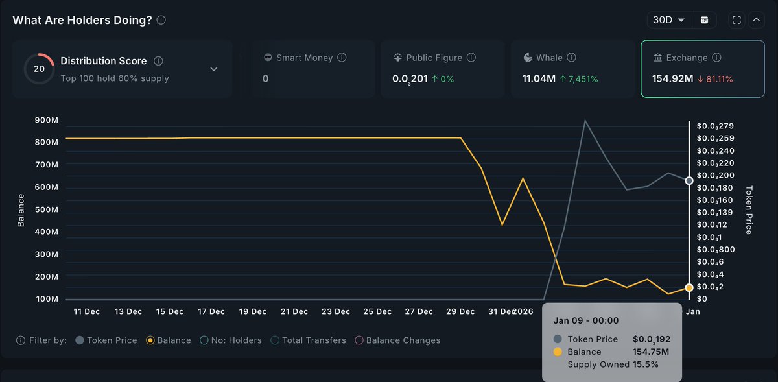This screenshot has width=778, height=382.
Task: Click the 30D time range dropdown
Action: (668, 20)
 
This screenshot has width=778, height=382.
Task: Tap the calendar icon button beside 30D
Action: (704, 20)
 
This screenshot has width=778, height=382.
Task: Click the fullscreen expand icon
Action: (737, 20)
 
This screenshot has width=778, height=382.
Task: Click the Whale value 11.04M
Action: (539, 78)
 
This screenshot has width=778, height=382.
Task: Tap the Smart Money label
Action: (304, 58)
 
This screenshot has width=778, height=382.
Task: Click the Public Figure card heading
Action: (434, 58)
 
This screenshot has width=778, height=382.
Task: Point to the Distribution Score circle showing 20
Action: (39, 68)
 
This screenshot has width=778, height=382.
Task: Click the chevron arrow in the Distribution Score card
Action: (214, 69)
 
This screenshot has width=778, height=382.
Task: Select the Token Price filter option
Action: (106, 340)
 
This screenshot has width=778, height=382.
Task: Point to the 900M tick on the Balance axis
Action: (46, 120)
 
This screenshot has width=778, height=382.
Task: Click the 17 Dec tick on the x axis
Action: (211, 311)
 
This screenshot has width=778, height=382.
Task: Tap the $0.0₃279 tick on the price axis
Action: (715, 125)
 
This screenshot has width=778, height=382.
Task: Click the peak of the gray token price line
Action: (585, 120)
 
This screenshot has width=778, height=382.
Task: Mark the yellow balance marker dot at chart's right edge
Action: (689, 287)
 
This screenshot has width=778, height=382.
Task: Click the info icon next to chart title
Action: (161, 20)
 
